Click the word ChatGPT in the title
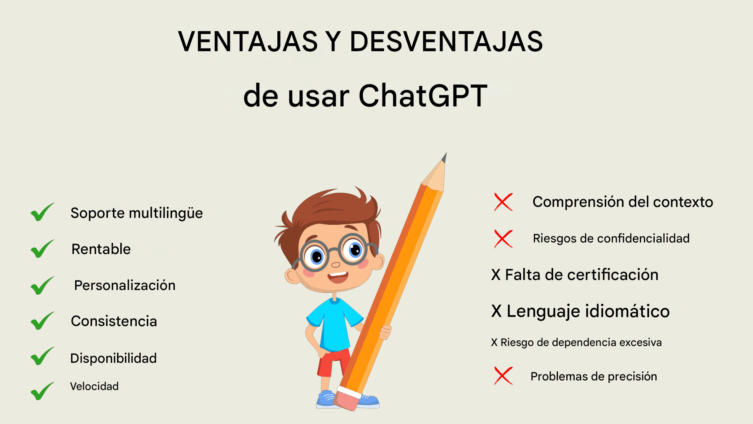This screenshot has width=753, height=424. tap(423, 96)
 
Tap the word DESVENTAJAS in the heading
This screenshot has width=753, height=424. tap(446, 42)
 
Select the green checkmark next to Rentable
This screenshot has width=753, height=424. tap(42, 249)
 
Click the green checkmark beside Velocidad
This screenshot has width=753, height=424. tap(42, 391)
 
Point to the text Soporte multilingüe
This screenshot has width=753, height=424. tap(137, 213)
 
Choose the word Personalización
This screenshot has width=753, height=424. tap(125, 285)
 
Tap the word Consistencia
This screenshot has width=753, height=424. tap(114, 321)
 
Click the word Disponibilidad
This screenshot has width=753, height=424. tap(114, 358)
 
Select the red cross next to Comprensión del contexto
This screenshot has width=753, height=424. tap(503, 202)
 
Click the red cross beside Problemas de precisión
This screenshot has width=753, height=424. tap(503, 376)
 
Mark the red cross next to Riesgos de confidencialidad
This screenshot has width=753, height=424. tap(503, 239)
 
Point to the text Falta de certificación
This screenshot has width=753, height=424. tap(582, 275)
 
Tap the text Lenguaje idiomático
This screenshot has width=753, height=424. tap(588, 311)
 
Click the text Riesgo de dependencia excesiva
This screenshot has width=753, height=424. tap(581, 342)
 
